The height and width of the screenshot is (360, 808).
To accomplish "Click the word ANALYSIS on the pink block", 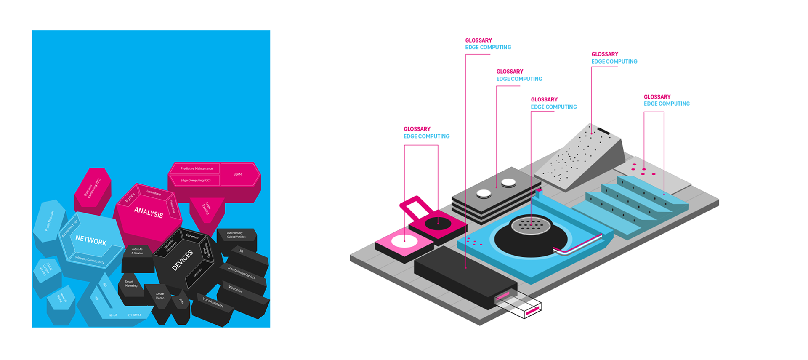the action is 148,212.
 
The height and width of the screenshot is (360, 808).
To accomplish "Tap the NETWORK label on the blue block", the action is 91,240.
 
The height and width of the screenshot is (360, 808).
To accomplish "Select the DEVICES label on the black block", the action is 182,260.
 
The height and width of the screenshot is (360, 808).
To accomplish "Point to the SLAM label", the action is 238,174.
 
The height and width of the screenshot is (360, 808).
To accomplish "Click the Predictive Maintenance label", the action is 197,168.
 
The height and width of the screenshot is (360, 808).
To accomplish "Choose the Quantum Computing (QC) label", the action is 92,188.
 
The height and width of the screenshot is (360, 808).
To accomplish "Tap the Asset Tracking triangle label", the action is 206,208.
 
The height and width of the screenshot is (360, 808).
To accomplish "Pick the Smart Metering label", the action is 131,284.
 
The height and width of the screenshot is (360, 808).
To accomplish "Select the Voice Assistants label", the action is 213,302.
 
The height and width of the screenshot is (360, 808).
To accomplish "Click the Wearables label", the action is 236,289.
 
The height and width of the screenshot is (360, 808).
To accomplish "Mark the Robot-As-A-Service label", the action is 137,251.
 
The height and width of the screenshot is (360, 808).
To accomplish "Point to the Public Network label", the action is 49,221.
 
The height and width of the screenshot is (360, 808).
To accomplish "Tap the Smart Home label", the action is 160,296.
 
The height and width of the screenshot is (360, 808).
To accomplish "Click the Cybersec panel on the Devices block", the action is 192,236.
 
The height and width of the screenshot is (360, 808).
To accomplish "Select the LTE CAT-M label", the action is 134,315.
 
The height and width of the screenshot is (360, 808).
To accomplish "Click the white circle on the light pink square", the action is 404,241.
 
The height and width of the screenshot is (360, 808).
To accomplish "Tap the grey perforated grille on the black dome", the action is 531,225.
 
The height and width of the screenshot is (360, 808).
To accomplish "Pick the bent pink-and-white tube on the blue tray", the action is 577,246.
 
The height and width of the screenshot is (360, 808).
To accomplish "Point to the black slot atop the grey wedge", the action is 604,131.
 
